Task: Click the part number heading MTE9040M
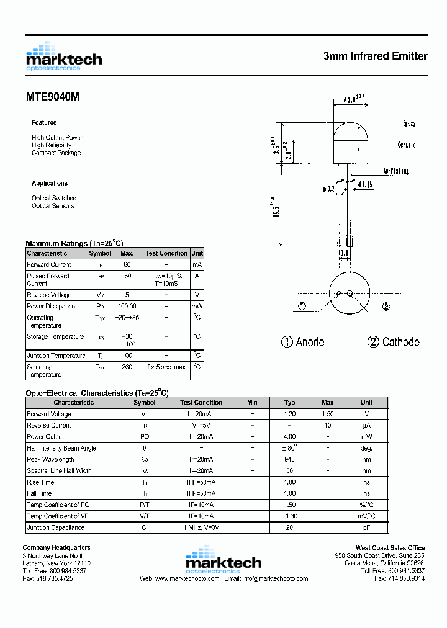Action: click(x=52, y=97)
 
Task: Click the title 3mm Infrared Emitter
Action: click(x=375, y=56)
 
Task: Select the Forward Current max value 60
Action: click(x=127, y=264)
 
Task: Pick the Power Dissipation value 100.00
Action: click(x=127, y=306)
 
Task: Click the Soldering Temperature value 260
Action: click(x=127, y=367)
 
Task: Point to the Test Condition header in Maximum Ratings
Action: click(x=166, y=253)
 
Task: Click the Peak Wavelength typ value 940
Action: click(x=289, y=459)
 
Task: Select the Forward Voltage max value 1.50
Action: click(x=328, y=414)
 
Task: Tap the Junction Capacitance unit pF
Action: click(x=366, y=527)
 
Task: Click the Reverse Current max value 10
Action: click(x=328, y=425)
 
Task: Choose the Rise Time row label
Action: click(x=40, y=482)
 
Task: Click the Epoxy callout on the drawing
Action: click(x=409, y=123)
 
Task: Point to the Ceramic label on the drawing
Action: click(x=407, y=145)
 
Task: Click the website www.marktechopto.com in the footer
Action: click(x=187, y=578)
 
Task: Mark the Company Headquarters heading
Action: click(x=56, y=547)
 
